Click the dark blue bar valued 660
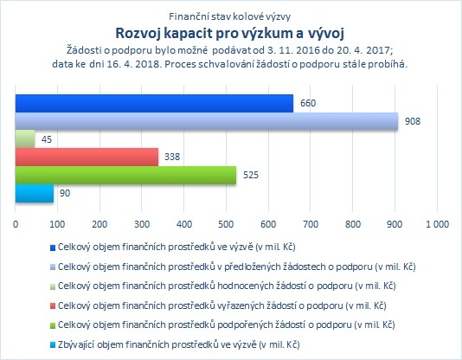[154, 103]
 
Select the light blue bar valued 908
[207, 121]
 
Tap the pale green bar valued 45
[25, 139]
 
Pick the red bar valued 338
[87, 157]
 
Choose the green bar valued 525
[125, 176]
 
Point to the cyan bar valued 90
[35, 194]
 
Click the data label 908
[413, 121]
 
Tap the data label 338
[172, 157]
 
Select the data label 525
[251, 175]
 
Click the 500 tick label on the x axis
[226, 224]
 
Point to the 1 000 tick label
[438, 224]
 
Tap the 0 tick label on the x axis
[16, 224]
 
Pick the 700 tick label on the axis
[311, 224]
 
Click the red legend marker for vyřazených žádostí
[53, 306]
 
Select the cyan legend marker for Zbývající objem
[53, 345]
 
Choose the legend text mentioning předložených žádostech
[237, 267]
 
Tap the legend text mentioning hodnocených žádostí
[227, 286]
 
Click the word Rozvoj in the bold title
[138, 33]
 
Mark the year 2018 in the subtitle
[149, 64]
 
